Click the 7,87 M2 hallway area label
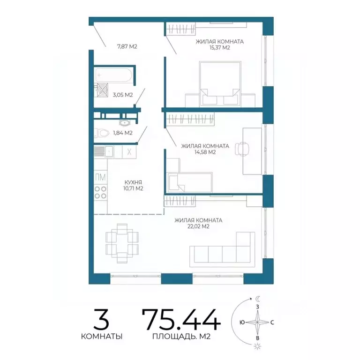tap(127, 46)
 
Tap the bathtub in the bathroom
tap(113, 75)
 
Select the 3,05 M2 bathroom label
tap(123, 95)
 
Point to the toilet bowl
tap(102, 133)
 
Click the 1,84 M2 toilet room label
tap(123, 133)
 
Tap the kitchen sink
tap(109, 151)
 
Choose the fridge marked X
tap(129, 152)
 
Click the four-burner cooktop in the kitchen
tap(101, 192)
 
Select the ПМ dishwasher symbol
tap(101, 177)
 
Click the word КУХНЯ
tap(133, 182)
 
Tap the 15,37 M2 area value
tap(220, 48)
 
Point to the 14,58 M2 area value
tap(205, 152)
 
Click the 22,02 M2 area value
tap(198, 226)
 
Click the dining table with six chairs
tap(122, 243)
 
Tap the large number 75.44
tap(181, 319)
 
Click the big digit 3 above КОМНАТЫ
tap(101, 319)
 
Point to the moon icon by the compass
tap(258, 299)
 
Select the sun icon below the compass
tap(258, 346)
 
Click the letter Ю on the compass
tap(242, 322)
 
